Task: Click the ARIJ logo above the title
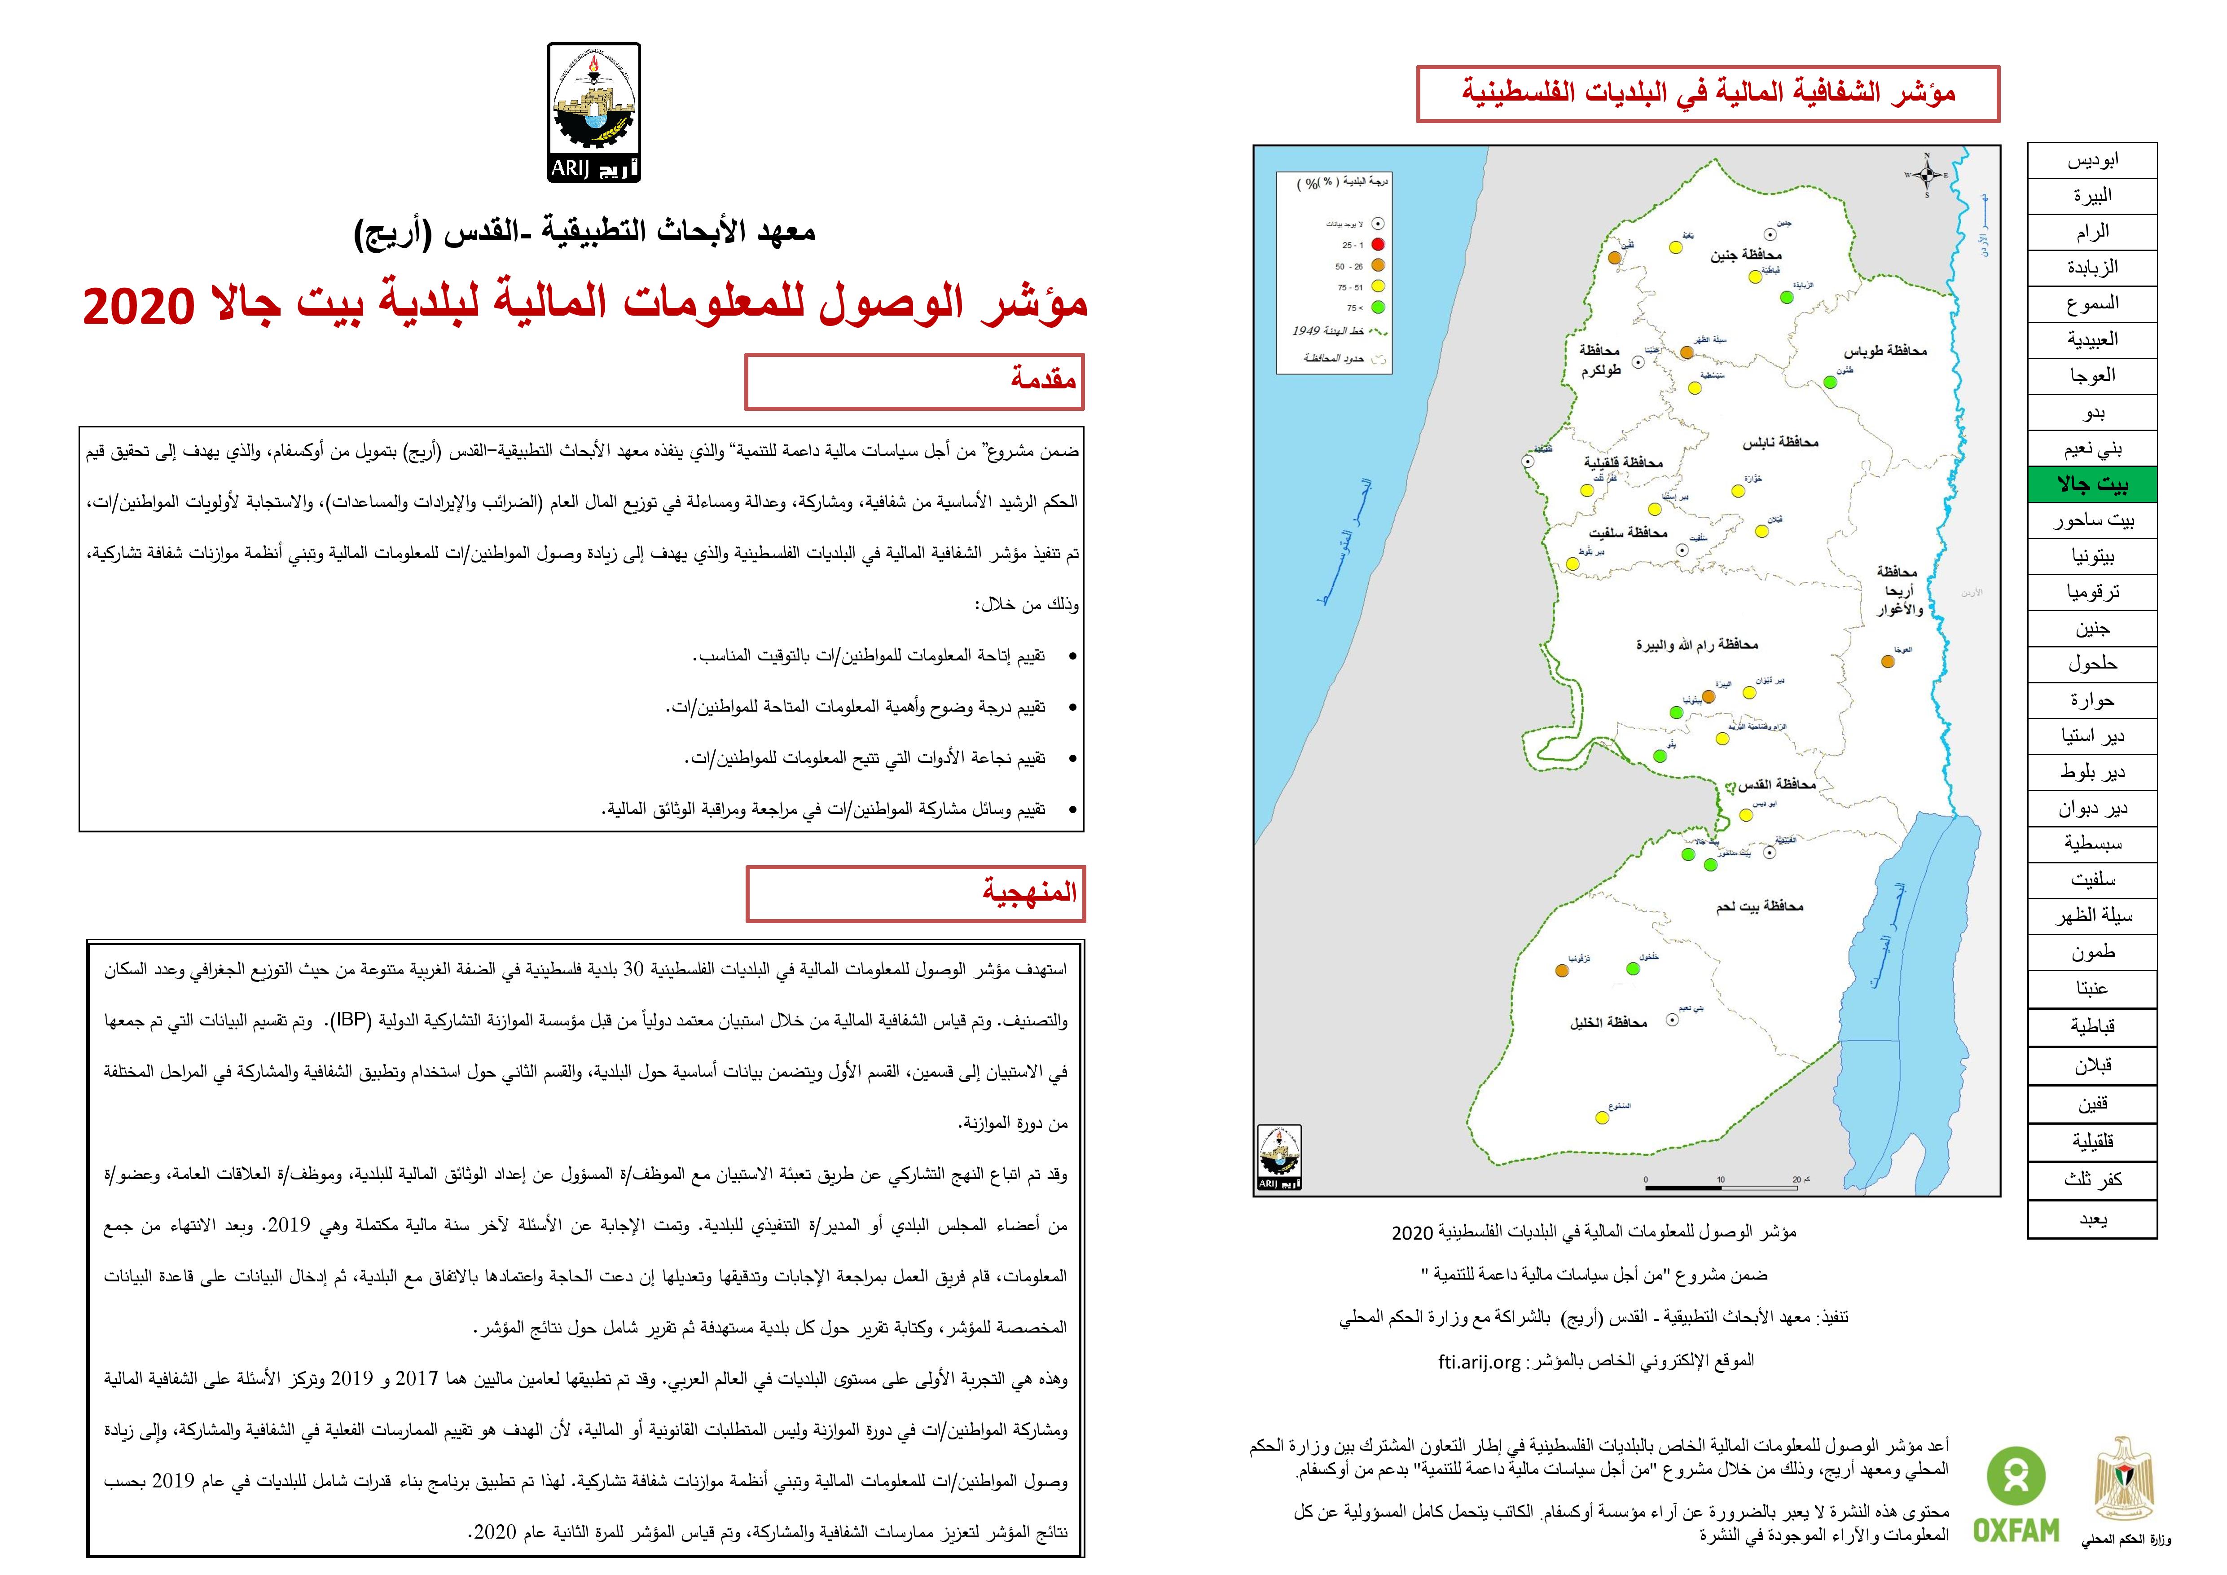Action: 593,113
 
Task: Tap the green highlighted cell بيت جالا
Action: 2092,484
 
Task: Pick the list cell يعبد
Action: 2092,1219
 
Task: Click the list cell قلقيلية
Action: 2092,1141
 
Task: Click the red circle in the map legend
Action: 1377,244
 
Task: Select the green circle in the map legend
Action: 1377,308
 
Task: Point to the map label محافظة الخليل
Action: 1608,1022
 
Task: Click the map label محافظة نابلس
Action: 1780,442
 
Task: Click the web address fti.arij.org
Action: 1479,1361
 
